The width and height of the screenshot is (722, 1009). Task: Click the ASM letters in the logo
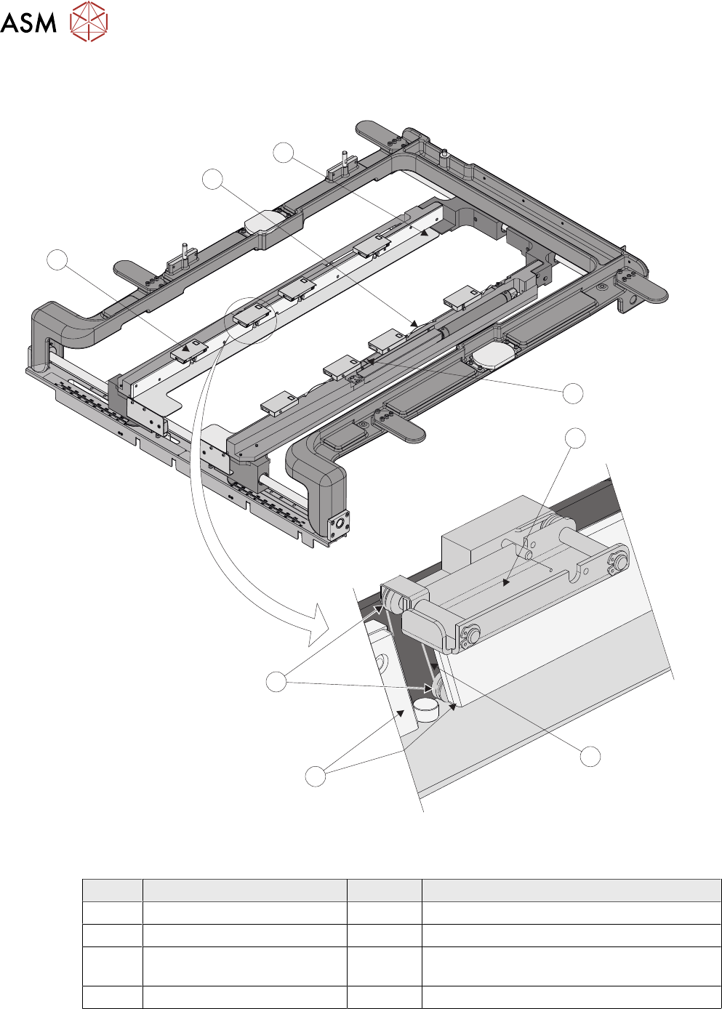(x=28, y=23)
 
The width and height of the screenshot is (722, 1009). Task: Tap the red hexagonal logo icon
(x=89, y=22)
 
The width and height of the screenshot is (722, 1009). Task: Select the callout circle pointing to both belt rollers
(x=276, y=682)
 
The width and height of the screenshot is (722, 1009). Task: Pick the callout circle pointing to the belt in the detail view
(x=590, y=756)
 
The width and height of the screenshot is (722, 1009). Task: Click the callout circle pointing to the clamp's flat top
(x=576, y=438)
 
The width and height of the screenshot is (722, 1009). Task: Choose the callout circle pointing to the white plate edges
(x=315, y=776)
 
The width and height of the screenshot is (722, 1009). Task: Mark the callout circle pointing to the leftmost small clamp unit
(x=58, y=260)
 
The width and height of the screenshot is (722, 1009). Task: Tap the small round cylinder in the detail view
(x=426, y=707)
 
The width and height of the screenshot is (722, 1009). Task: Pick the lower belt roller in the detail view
(x=440, y=688)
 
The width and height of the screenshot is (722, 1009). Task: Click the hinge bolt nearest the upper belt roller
(x=470, y=637)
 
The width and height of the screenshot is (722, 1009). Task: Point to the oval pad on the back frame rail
(x=267, y=221)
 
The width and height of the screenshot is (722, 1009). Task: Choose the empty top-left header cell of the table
(x=112, y=890)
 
